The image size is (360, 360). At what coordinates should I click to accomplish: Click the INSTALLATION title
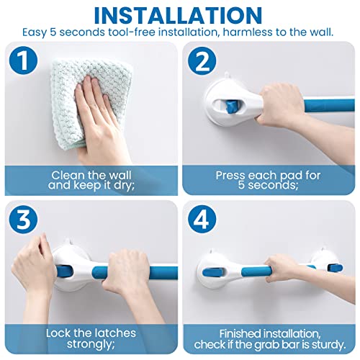[180, 14]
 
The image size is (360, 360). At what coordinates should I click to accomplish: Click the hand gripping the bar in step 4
[292, 270]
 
